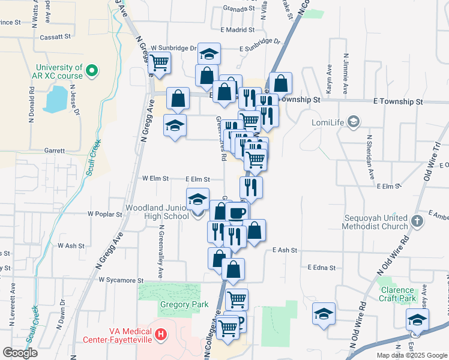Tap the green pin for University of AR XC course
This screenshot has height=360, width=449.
coord(92,71)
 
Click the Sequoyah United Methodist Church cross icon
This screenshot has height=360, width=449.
coord(418,220)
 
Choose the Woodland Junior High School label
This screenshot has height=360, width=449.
coord(157,212)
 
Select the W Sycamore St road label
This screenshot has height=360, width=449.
coord(121,280)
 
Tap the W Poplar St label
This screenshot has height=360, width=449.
coord(106,214)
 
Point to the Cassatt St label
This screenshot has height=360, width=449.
coord(55,37)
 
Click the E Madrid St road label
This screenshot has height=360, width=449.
coord(238,29)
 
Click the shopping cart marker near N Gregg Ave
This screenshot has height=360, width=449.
coord(160,62)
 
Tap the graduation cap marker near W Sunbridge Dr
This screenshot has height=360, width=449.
coord(208,55)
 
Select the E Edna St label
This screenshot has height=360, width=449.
coord(321,268)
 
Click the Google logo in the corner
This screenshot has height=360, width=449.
coord(20,353)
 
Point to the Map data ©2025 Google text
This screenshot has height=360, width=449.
coord(412,355)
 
